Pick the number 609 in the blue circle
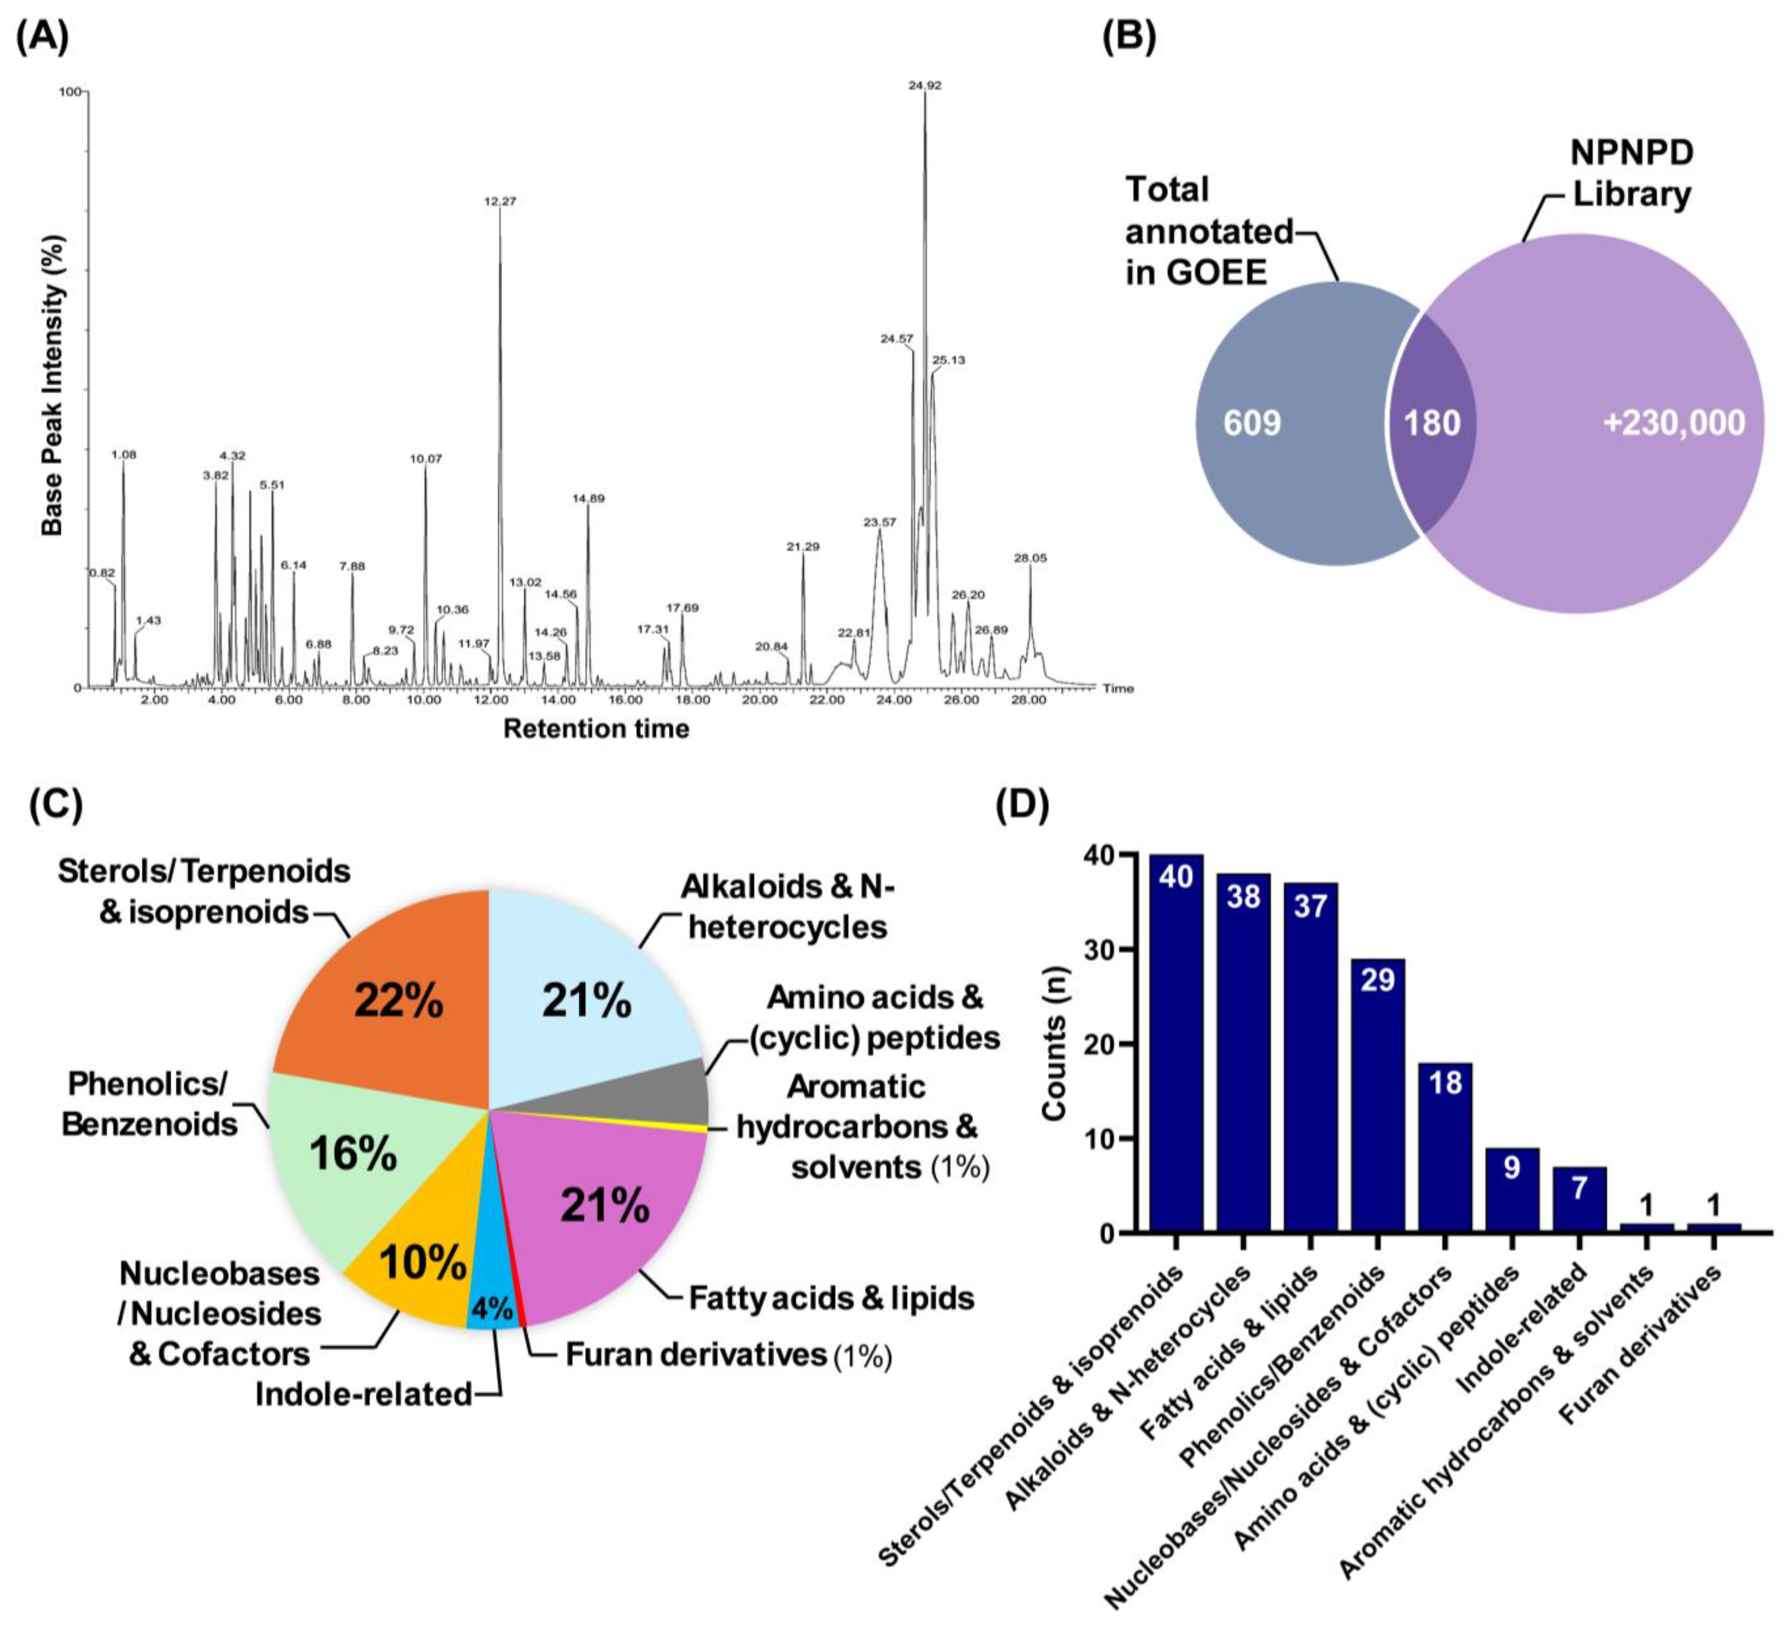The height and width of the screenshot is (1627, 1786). [x=1252, y=423]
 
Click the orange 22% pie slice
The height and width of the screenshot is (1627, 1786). [x=399, y=1001]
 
